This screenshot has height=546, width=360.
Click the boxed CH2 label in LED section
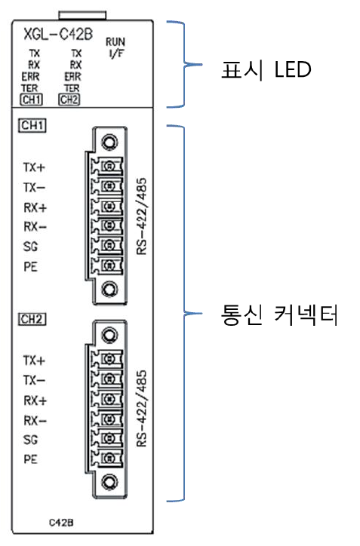click(69, 99)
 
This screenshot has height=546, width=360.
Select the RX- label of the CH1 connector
click(35, 225)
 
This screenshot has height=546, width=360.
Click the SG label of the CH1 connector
click(31, 246)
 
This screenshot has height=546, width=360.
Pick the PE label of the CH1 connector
click(31, 266)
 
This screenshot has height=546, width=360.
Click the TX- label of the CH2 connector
click(35, 379)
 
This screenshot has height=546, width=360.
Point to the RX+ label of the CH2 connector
click(35, 400)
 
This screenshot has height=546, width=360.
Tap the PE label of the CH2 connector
click(31, 459)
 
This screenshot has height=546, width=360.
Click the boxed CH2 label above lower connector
click(32, 319)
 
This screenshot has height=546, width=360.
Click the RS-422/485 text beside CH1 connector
click(141, 216)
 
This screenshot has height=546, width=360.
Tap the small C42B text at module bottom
click(62, 521)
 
